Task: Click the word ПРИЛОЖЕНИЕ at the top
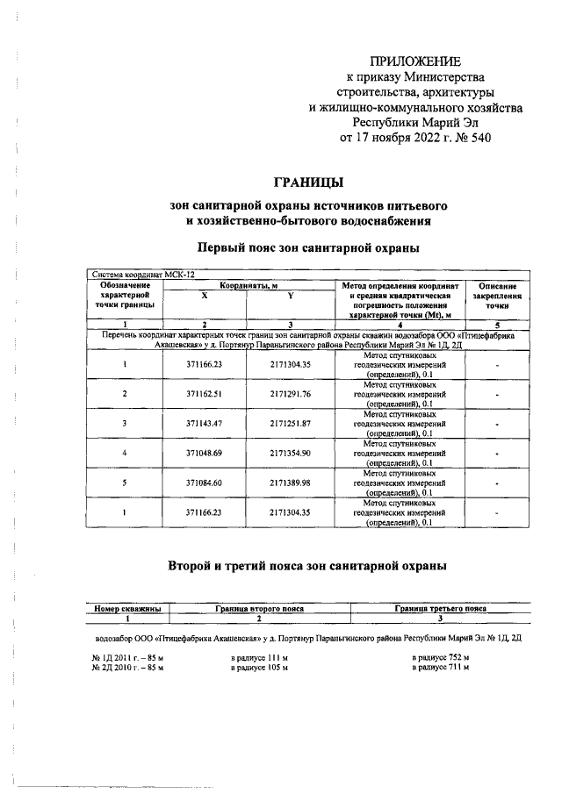point(415,61)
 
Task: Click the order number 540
point(479,137)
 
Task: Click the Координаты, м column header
point(248,285)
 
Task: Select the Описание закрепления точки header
point(497,297)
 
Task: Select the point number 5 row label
point(125,483)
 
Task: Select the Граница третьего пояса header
point(440,607)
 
